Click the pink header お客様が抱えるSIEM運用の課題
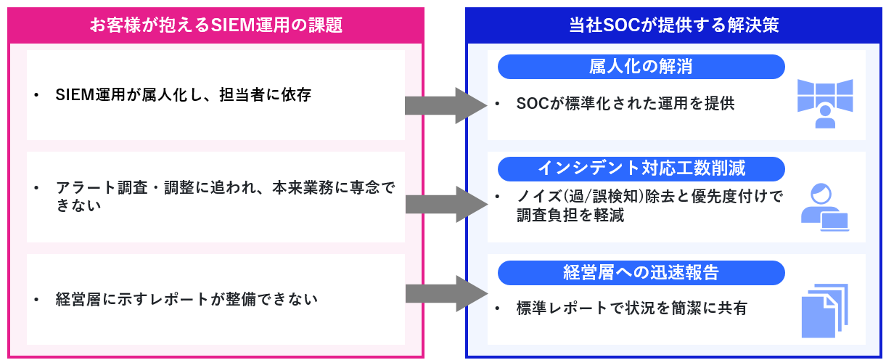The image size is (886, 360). [x=216, y=25]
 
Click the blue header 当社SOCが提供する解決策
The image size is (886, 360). [x=673, y=25]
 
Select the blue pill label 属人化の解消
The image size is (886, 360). [x=641, y=67]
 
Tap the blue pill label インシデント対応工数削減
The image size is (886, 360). [x=641, y=169]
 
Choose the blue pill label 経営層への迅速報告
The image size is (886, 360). [x=641, y=273]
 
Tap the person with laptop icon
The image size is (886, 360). [x=824, y=208]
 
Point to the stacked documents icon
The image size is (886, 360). [x=824, y=311]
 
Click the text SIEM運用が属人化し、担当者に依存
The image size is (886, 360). [x=183, y=95]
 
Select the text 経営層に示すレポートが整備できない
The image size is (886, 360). [x=186, y=299]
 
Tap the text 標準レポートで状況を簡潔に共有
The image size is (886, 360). [x=631, y=308]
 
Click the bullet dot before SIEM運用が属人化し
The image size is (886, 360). [x=36, y=96]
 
